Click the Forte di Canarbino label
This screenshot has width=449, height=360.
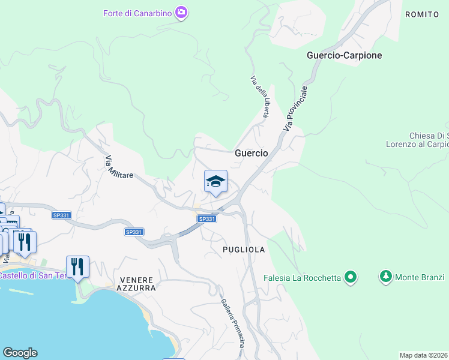tap(137, 13)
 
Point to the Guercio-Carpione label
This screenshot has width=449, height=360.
tap(344, 55)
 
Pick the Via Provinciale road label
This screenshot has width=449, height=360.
tap(296, 109)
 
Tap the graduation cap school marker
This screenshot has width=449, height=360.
tap(215, 181)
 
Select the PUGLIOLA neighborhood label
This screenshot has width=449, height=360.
tap(244, 249)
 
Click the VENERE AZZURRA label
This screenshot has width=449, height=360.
tap(137, 284)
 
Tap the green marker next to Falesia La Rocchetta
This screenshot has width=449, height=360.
tap(350, 277)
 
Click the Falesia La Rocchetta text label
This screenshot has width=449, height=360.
tap(302, 277)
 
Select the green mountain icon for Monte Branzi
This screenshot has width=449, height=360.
tap(385, 277)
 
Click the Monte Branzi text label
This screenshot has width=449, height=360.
tap(419, 277)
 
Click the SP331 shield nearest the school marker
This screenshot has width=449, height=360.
tap(206, 219)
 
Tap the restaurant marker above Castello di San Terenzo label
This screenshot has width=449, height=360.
tap(77, 265)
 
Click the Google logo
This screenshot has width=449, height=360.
tap(20, 353)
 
